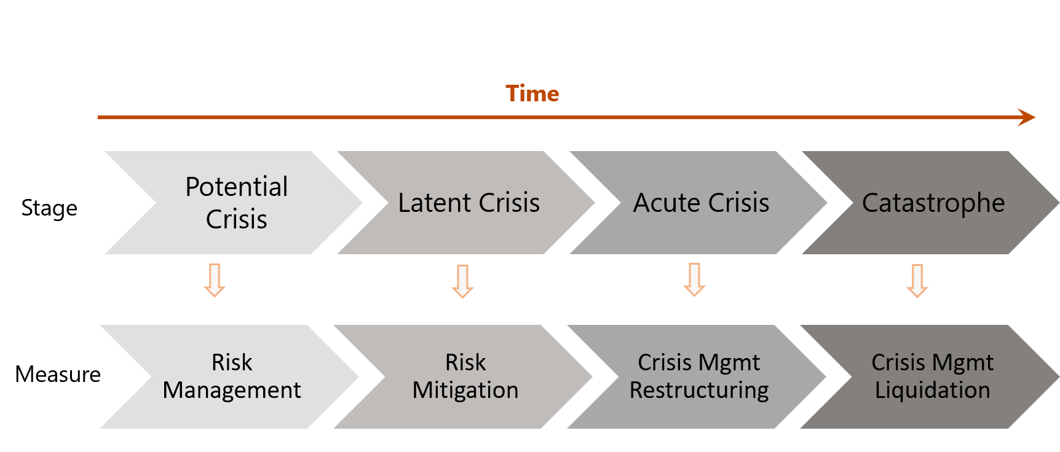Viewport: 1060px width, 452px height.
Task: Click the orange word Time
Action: coord(532,94)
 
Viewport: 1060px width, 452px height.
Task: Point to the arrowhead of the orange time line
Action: coord(1027,117)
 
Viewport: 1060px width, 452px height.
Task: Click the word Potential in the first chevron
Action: coord(236,187)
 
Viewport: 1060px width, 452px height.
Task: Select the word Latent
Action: coord(434,203)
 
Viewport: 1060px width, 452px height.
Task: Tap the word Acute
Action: coord(666,203)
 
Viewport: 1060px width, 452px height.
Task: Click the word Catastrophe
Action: coord(933,203)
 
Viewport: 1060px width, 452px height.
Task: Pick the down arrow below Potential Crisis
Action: coord(215,281)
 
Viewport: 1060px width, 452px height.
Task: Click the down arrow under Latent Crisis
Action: coord(462,281)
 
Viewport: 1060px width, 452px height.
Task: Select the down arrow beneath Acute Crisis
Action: coord(694,280)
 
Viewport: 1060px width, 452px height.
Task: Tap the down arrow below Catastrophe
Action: coord(917,281)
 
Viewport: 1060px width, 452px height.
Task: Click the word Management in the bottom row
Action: coord(232,391)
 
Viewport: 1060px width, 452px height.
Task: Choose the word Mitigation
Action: coord(465,391)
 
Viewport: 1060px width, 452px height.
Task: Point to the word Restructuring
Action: coord(699,391)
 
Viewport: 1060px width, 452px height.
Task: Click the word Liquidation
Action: coord(932,391)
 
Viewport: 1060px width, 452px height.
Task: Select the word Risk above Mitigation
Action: coord(465,362)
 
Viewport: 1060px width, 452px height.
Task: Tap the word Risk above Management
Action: coord(232,362)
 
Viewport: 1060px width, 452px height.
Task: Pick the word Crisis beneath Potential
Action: coord(236,220)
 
